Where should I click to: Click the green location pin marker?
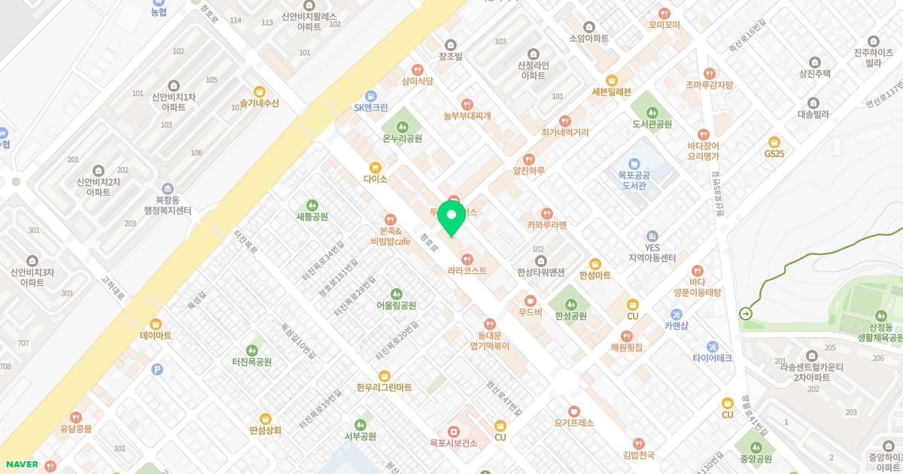point(451,218)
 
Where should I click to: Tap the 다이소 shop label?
point(375,179)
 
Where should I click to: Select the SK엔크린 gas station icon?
point(370,96)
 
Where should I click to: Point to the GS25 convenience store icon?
point(774,141)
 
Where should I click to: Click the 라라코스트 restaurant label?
point(467,270)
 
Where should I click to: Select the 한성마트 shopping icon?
point(595,263)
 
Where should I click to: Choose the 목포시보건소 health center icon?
point(453,431)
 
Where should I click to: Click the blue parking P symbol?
point(157,369)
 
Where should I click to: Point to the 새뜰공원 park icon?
point(312,205)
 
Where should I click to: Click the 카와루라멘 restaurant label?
point(546,225)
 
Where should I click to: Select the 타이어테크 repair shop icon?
point(712,347)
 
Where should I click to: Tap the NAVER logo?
point(20,464)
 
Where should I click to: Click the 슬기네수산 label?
point(259,103)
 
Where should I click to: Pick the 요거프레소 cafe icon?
point(574,411)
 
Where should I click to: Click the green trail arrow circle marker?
point(746,314)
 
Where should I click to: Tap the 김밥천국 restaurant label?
point(638,454)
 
